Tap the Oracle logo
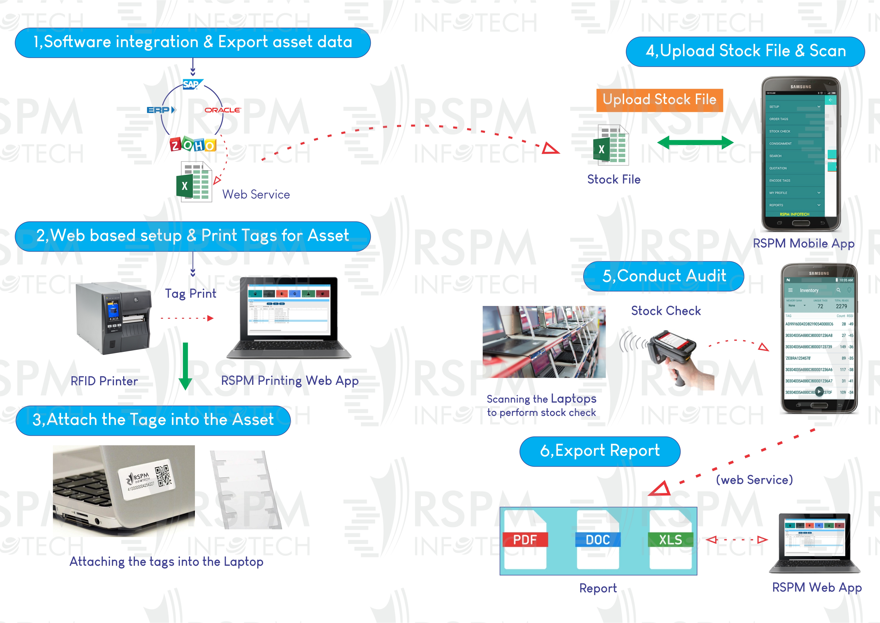[222, 110]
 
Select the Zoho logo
[193, 145]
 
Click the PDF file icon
[525, 539]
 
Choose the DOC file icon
[598, 539]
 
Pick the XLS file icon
[670, 539]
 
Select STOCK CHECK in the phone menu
[780, 132]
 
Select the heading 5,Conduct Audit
[664, 276]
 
